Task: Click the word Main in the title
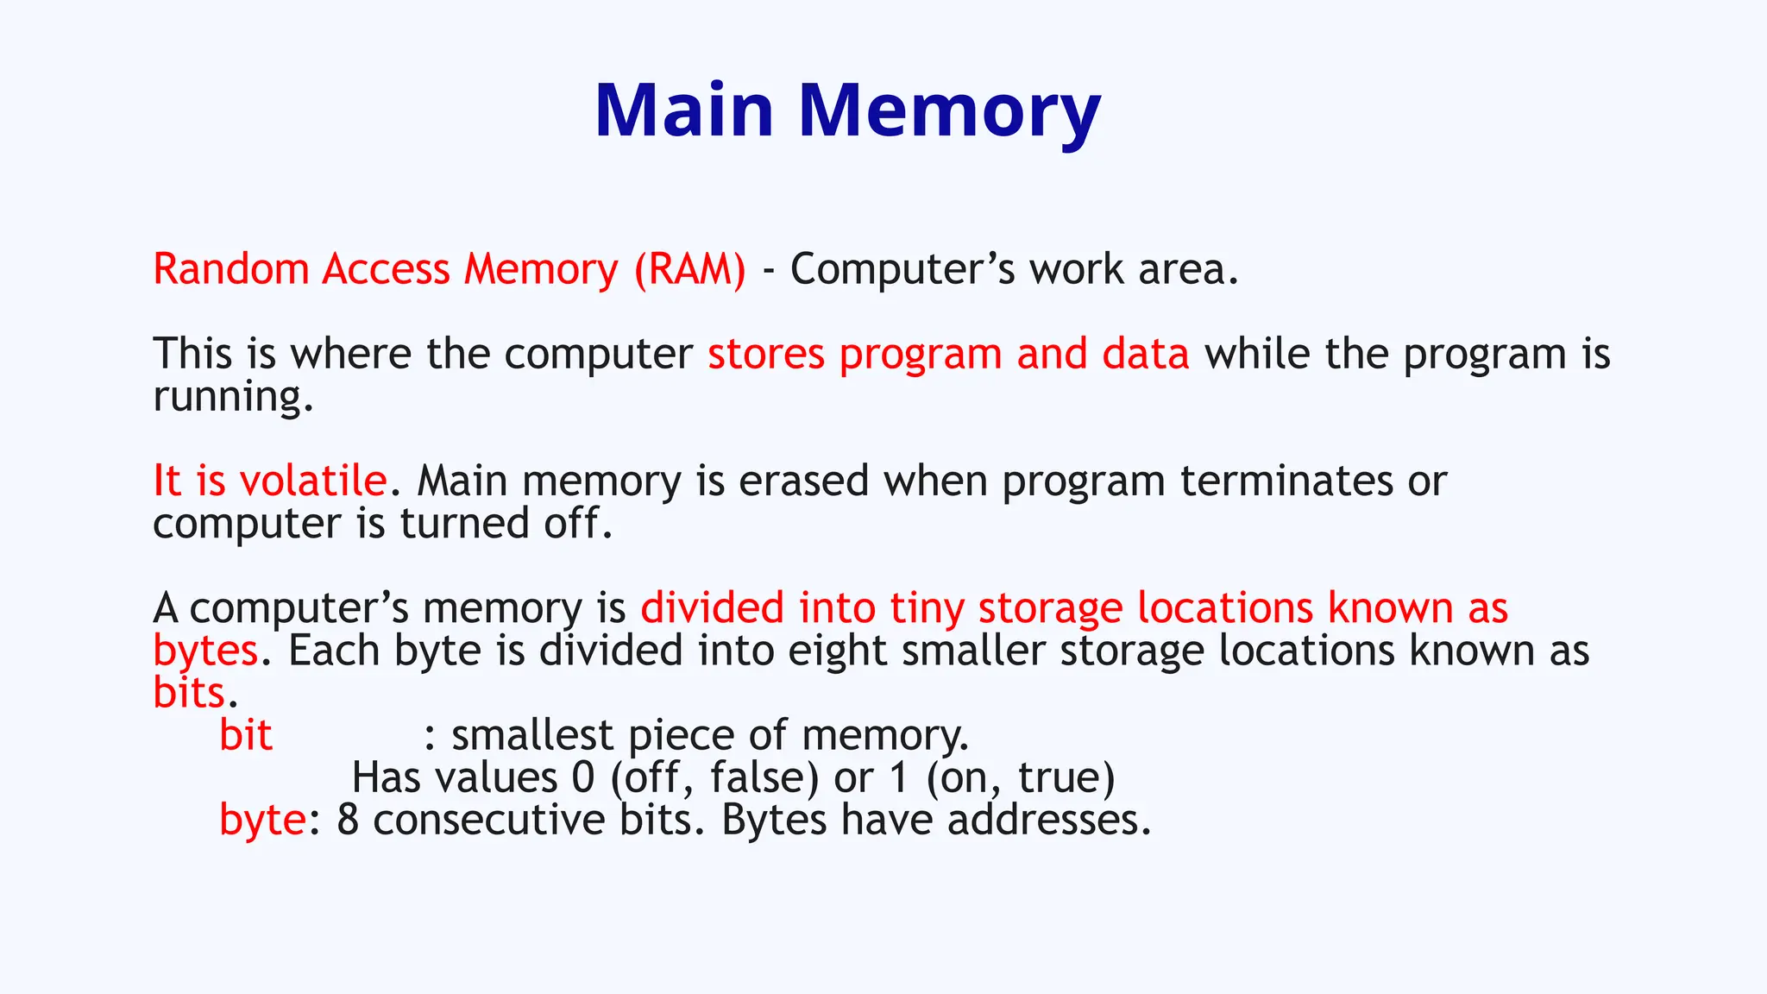click(x=684, y=110)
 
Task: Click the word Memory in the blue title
click(x=949, y=110)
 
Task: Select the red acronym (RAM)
click(x=690, y=269)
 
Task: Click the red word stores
click(x=766, y=354)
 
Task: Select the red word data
click(x=1146, y=354)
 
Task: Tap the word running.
click(x=233, y=397)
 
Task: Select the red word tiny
click(x=927, y=607)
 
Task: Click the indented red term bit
click(x=246, y=735)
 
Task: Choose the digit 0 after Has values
click(x=583, y=777)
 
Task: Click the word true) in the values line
click(x=1066, y=777)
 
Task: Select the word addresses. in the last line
click(x=1049, y=820)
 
